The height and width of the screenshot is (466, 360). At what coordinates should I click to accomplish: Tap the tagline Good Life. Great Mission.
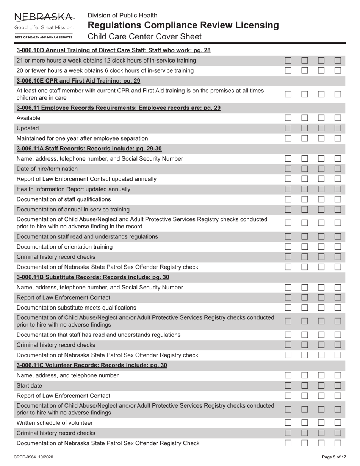44,28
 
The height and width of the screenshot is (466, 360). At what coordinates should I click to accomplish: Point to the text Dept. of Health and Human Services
44,37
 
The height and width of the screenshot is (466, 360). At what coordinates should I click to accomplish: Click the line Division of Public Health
122,16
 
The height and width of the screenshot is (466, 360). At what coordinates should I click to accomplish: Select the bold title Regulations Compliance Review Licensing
183,25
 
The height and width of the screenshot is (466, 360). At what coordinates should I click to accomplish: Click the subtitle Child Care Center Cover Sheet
144,37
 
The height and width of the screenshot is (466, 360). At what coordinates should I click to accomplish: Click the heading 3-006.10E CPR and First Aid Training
78,81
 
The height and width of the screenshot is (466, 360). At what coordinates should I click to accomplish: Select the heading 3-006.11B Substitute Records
93,277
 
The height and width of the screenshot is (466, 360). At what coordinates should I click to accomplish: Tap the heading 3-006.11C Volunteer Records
92,365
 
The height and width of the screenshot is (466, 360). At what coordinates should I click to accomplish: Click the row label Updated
28,128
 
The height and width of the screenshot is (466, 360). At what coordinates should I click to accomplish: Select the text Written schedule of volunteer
55,423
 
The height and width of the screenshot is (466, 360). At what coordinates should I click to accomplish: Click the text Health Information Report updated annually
74,189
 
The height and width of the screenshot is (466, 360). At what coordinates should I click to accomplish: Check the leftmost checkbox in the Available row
288,118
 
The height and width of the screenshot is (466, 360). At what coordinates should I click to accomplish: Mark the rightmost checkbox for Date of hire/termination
338,169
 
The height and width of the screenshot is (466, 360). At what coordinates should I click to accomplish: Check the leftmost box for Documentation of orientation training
288,247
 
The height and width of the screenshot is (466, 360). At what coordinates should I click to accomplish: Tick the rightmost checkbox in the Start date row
338,386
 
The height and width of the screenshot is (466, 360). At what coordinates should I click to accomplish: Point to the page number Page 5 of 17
334,457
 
